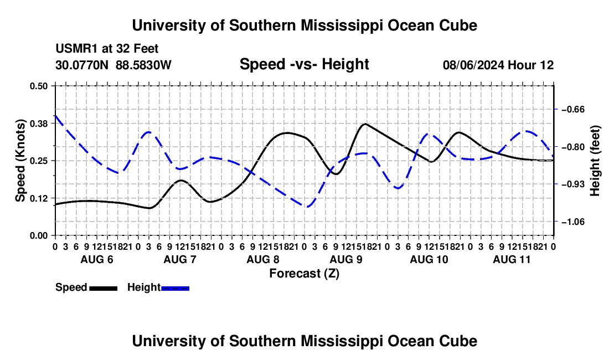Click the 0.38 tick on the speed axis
[x=38, y=124]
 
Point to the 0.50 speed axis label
[x=38, y=86]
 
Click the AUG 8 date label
[x=263, y=259]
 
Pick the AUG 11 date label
[x=512, y=259]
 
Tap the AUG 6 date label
[x=97, y=259]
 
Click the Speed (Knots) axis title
[x=20, y=161]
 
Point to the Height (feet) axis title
[x=595, y=161]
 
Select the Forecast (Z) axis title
[x=304, y=274]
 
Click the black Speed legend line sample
[x=104, y=288]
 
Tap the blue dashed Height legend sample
[x=175, y=288]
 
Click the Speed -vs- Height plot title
[x=304, y=64]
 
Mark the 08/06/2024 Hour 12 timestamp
[x=498, y=65]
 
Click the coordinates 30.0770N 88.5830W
[x=113, y=65]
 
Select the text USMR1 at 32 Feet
[x=107, y=49]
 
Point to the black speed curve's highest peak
[x=365, y=124]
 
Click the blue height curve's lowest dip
[x=307, y=207]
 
